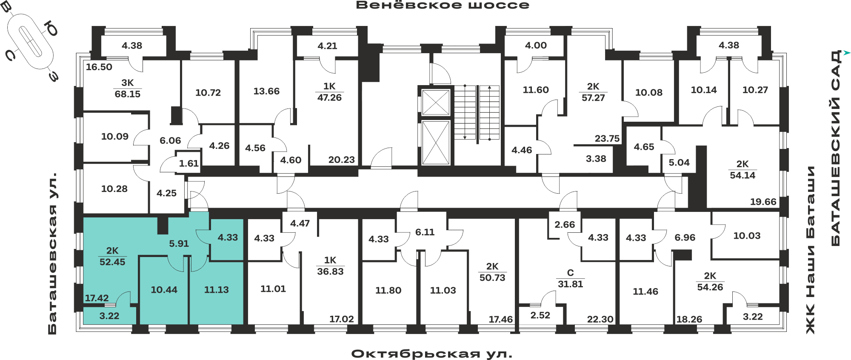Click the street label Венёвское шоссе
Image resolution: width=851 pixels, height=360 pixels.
click(443, 5)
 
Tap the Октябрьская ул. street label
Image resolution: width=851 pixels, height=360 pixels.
click(432, 354)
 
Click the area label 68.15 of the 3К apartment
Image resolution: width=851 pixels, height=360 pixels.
click(128, 94)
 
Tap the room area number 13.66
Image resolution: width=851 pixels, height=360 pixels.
click(266, 91)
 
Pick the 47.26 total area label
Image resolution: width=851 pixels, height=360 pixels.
click(329, 97)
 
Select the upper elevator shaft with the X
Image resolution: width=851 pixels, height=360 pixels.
click(436, 103)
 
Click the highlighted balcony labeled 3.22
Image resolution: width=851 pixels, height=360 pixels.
click(109, 316)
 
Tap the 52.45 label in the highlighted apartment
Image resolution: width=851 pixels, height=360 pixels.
click(112, 262)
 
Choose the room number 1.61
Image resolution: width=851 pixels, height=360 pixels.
click(189, 163)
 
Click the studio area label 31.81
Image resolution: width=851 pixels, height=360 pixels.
click(570, 284)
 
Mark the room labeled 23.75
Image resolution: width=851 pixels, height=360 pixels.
click(607, 138)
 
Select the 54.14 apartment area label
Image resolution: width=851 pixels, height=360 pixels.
click(742, 175)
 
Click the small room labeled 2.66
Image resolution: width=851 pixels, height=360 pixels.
click(565, 224)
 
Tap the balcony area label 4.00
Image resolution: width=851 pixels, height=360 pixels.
click(536, 45)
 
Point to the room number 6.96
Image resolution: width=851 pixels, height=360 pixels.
click(685, 237)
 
